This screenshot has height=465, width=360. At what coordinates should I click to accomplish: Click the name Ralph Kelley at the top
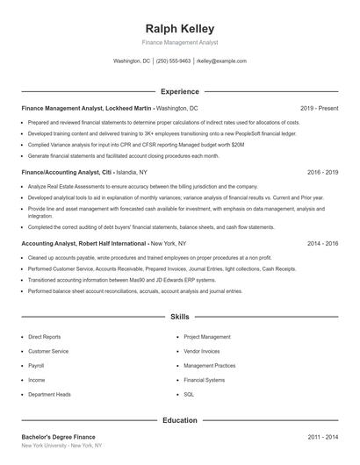[179, 28]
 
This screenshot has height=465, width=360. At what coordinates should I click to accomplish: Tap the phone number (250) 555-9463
[173, 61]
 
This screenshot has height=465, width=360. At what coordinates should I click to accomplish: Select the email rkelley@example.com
[222, 61]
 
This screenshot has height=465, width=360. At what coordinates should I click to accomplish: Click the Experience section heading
[179, 91]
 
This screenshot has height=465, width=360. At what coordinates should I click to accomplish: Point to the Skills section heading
[179, 316]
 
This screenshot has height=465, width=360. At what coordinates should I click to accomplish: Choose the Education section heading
[179, 420]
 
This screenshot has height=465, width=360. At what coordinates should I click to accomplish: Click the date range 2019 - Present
[319, 108]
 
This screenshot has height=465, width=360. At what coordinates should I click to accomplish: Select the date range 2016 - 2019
[322, 173]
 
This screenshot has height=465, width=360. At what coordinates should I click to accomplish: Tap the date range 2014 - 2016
[322, 243]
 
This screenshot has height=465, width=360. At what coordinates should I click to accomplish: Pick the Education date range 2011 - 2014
[322, 436]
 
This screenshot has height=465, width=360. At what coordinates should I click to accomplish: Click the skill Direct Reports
[44, 336]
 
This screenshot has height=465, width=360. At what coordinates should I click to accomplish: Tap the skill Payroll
[36, 365]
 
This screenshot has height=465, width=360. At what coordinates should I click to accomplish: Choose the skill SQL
[189, 394]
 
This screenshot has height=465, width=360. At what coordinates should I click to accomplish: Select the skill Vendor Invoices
[202, 351]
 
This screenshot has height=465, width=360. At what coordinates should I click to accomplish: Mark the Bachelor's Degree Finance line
[58, 436]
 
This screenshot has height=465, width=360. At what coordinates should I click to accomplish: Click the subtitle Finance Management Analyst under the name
[179, 42]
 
